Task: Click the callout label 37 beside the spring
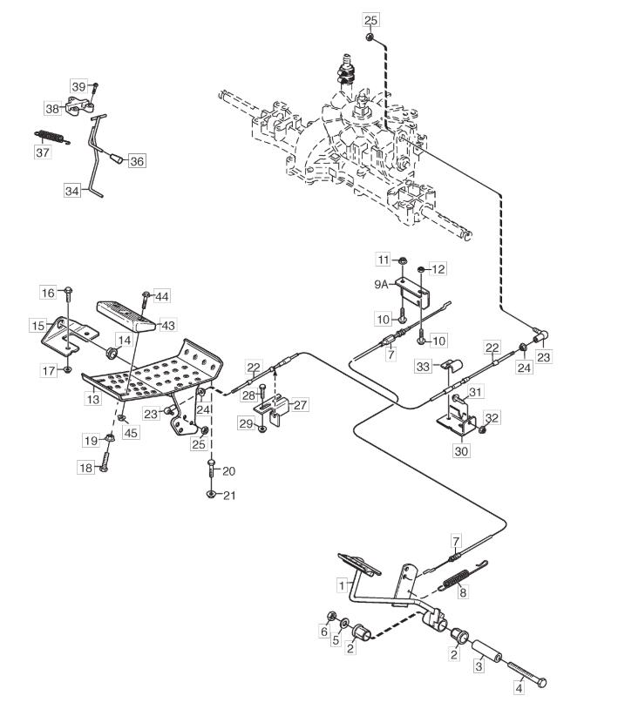click(x=43, y=152)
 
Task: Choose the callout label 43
click(x=168, y=325)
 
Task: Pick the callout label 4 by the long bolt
click(x=520, y=688)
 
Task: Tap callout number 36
click(x=137, y=160)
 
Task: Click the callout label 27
click(x=300, y=404)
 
